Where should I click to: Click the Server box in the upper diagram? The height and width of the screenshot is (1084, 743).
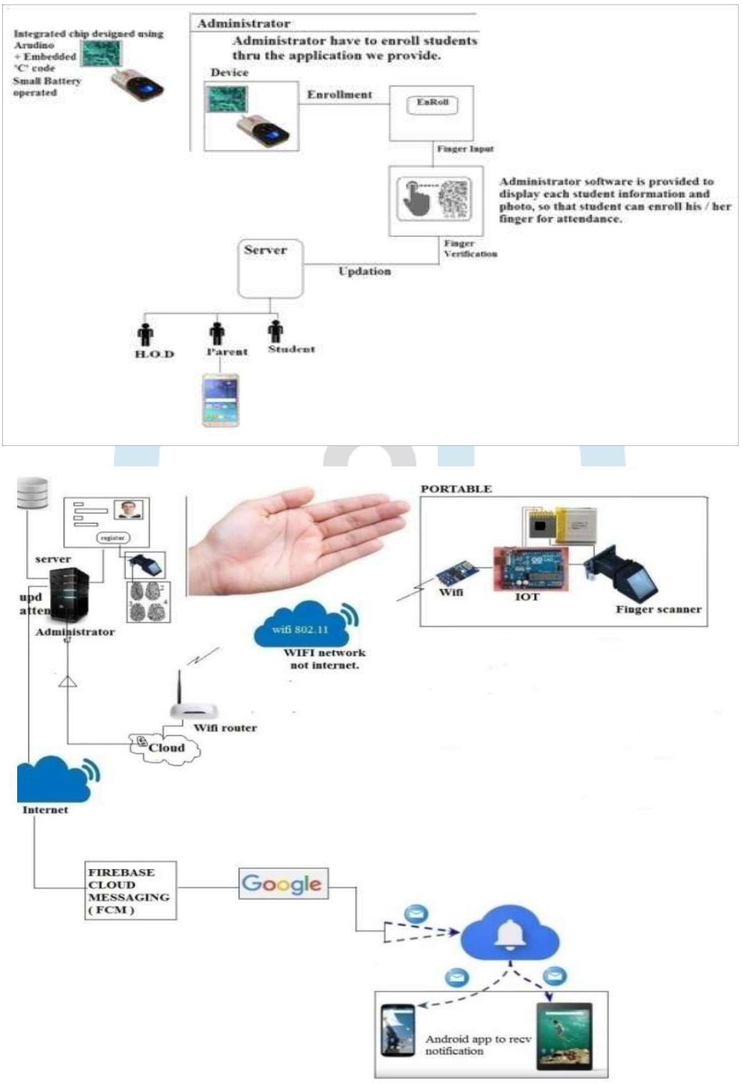(270, 269)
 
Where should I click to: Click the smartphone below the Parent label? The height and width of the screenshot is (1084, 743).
(220, 400)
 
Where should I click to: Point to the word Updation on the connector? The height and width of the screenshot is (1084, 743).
(364, 271)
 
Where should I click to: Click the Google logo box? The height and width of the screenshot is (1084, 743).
(283, 883)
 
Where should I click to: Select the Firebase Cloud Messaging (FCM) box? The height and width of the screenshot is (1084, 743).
(130, 890)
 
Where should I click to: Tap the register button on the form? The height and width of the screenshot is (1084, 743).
(113, 537)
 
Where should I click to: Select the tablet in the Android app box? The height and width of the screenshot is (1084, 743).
(564, 1035)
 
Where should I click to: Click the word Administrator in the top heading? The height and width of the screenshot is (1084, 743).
(244, 24)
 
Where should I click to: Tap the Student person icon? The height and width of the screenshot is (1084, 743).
(275, 332)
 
